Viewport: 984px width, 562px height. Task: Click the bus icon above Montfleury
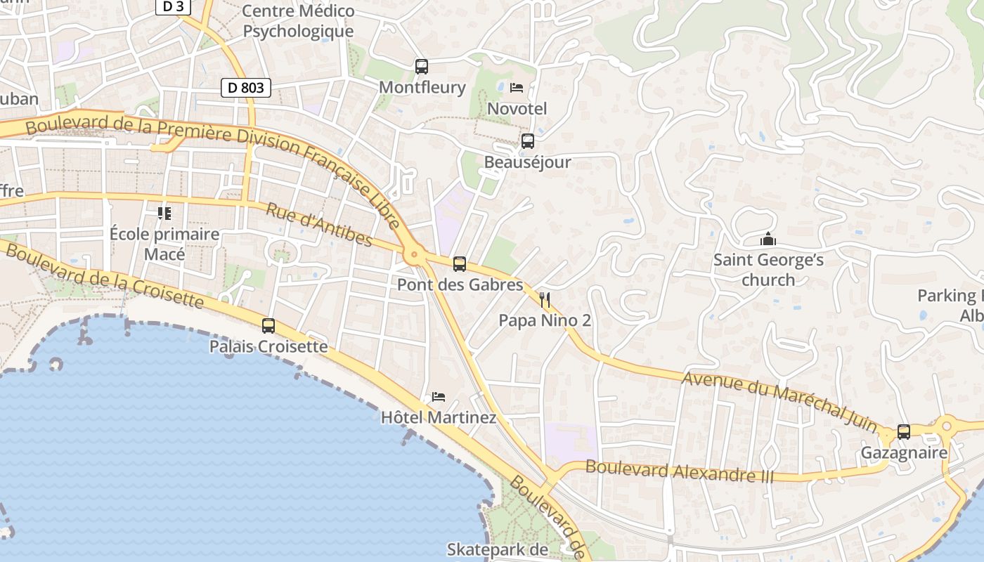[422, 67]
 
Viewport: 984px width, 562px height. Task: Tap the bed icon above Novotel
[517, 88]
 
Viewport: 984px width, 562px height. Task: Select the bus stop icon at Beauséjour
[528, 141]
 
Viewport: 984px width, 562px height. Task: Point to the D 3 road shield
[173, 6]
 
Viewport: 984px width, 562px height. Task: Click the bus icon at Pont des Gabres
[460, 264]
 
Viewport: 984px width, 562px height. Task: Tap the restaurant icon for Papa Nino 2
[545, 300]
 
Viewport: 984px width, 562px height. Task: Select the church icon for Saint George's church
[768, 240]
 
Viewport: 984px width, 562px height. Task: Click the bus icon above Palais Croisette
[268, 326]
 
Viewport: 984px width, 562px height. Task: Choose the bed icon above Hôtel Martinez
[439, 397]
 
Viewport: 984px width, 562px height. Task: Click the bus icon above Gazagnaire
[904, 432]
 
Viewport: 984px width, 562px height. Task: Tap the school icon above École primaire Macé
[164, 213]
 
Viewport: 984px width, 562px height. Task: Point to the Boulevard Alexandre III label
[679, 471]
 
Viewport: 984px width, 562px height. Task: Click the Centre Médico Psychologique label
[298, 21]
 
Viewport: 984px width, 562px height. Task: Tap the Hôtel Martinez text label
[439, 418]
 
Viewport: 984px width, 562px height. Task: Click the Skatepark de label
[497, 549]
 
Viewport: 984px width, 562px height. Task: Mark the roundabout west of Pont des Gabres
[414, 255]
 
